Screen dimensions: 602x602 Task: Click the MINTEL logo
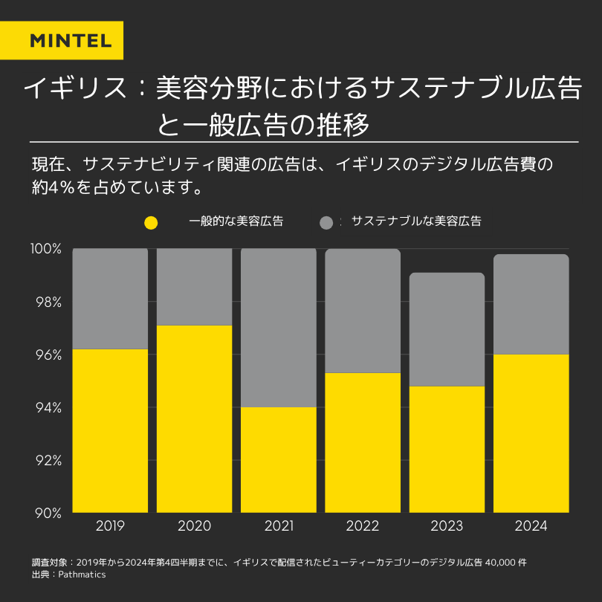click(71, 40)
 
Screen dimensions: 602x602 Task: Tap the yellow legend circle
click(151, 222)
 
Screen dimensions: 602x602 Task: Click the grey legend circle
click(326, 222)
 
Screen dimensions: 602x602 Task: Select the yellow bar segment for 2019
click(110, 431)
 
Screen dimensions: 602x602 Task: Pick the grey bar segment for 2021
click(279, 327)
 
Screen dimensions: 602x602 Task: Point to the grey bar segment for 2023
click(447, 329)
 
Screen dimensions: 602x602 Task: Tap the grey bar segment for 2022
click(363, 310)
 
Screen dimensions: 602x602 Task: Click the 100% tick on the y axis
click(46, 249)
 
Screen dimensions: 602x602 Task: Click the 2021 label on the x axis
click(279, 526)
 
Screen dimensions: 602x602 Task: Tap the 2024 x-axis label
click(531, 526)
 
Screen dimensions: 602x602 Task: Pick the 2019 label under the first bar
click(110, 526)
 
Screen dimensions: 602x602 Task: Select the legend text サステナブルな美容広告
click(416, 221)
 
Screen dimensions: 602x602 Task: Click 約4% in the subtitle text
click(57, 186)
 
